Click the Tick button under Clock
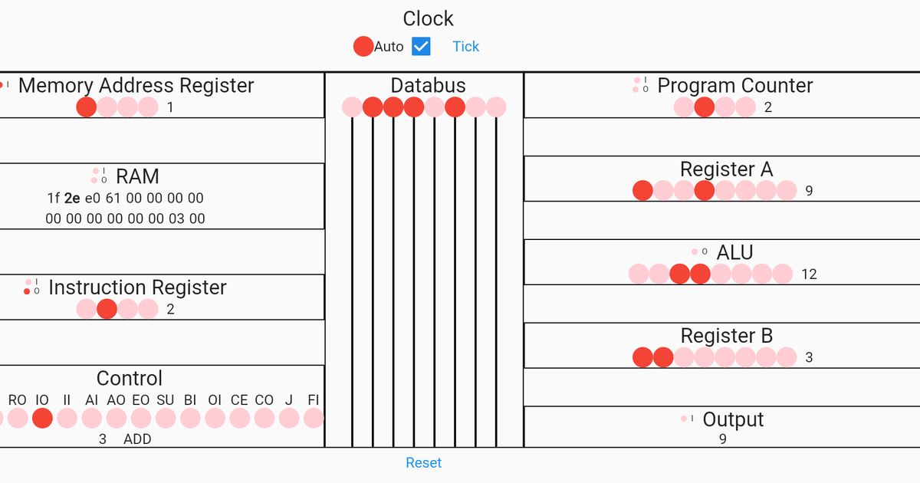(x=465, y=46)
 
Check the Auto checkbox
(x=421, y=46)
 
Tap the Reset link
(x=424, y=462)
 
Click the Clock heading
(x=429, y=18)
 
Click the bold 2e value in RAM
(x=72, y=198)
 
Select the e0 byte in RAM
(x=93, y=198)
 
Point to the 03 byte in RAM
(x=176, y=219)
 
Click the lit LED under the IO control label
(x=42, y=418)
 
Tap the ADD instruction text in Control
(x=137, y=439)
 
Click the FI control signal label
(x=313, y=399)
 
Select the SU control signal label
(x=165, y=399)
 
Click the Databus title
(x=428, y=85)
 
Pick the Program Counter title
(x=735, y=85)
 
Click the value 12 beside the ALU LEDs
(x=809, y=274)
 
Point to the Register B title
(x=727, y=336)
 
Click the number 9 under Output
(x=722, y=439)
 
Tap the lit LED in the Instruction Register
(x=107, y=309)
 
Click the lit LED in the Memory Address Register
(x=87, y=107)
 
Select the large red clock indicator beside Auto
(x=363, y=46)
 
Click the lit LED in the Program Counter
(x=705, y=107)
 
